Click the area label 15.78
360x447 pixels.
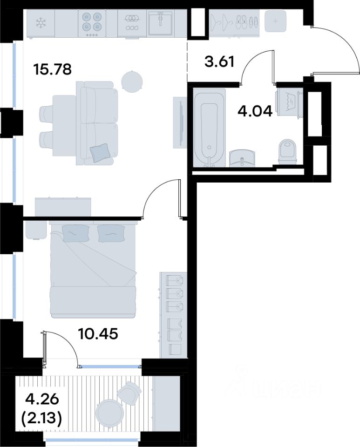coord(52,69)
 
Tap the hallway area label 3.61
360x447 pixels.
coord(219,61)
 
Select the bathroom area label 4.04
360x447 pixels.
coord(255,111)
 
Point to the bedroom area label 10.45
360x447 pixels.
coord(98,333)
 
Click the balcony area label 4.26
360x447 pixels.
coord(42,400)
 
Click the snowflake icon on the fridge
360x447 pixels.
coord(41,23)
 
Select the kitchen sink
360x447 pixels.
coord(160,23)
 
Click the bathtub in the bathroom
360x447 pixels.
coord(209,127)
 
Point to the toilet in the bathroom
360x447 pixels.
coord(287,151)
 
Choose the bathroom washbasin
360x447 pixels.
coord(242,158)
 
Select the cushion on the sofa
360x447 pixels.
coord(100,153)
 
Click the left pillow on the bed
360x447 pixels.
coord(76,233)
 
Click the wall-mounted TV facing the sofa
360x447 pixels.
coord(180,122)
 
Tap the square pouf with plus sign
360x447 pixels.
coord(275,21)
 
